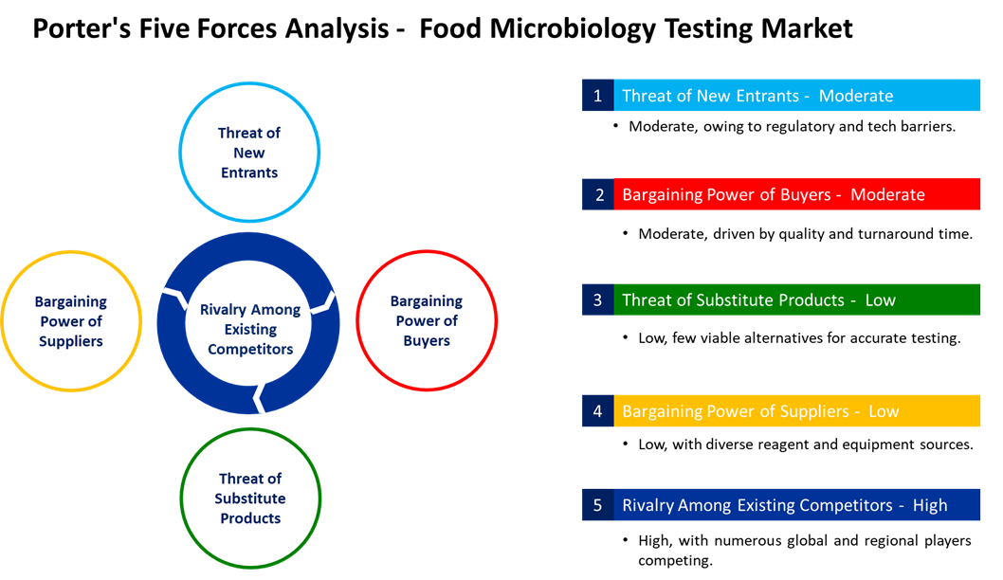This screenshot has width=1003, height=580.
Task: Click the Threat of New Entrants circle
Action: coord(249,153)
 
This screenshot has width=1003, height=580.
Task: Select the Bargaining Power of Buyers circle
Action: coord(427,321)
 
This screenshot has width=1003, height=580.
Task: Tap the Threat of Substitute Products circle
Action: coord(250,498)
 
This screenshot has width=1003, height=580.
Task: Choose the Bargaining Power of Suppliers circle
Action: coord(71,321)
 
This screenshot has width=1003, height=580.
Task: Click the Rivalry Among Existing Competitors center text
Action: coord(249,329)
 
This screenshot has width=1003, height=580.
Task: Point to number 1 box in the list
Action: coord(597,96)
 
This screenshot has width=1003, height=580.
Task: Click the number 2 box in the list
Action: coord(597,194)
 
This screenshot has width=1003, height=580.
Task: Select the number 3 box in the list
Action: coord(597,299)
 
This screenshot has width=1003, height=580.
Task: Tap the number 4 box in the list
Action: coord(597,411)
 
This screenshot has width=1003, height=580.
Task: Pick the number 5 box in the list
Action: coord(597,505)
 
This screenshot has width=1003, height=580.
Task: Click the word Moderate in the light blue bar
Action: coord(856,96)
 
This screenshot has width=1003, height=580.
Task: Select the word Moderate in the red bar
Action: coord(887,194)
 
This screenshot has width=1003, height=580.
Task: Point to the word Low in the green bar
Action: coord(880,299)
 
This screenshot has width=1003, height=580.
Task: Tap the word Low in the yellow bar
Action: coord(884,411)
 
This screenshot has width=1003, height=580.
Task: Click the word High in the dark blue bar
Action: coord(930,505)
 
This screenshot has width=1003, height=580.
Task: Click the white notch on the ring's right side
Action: coord(325,302)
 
